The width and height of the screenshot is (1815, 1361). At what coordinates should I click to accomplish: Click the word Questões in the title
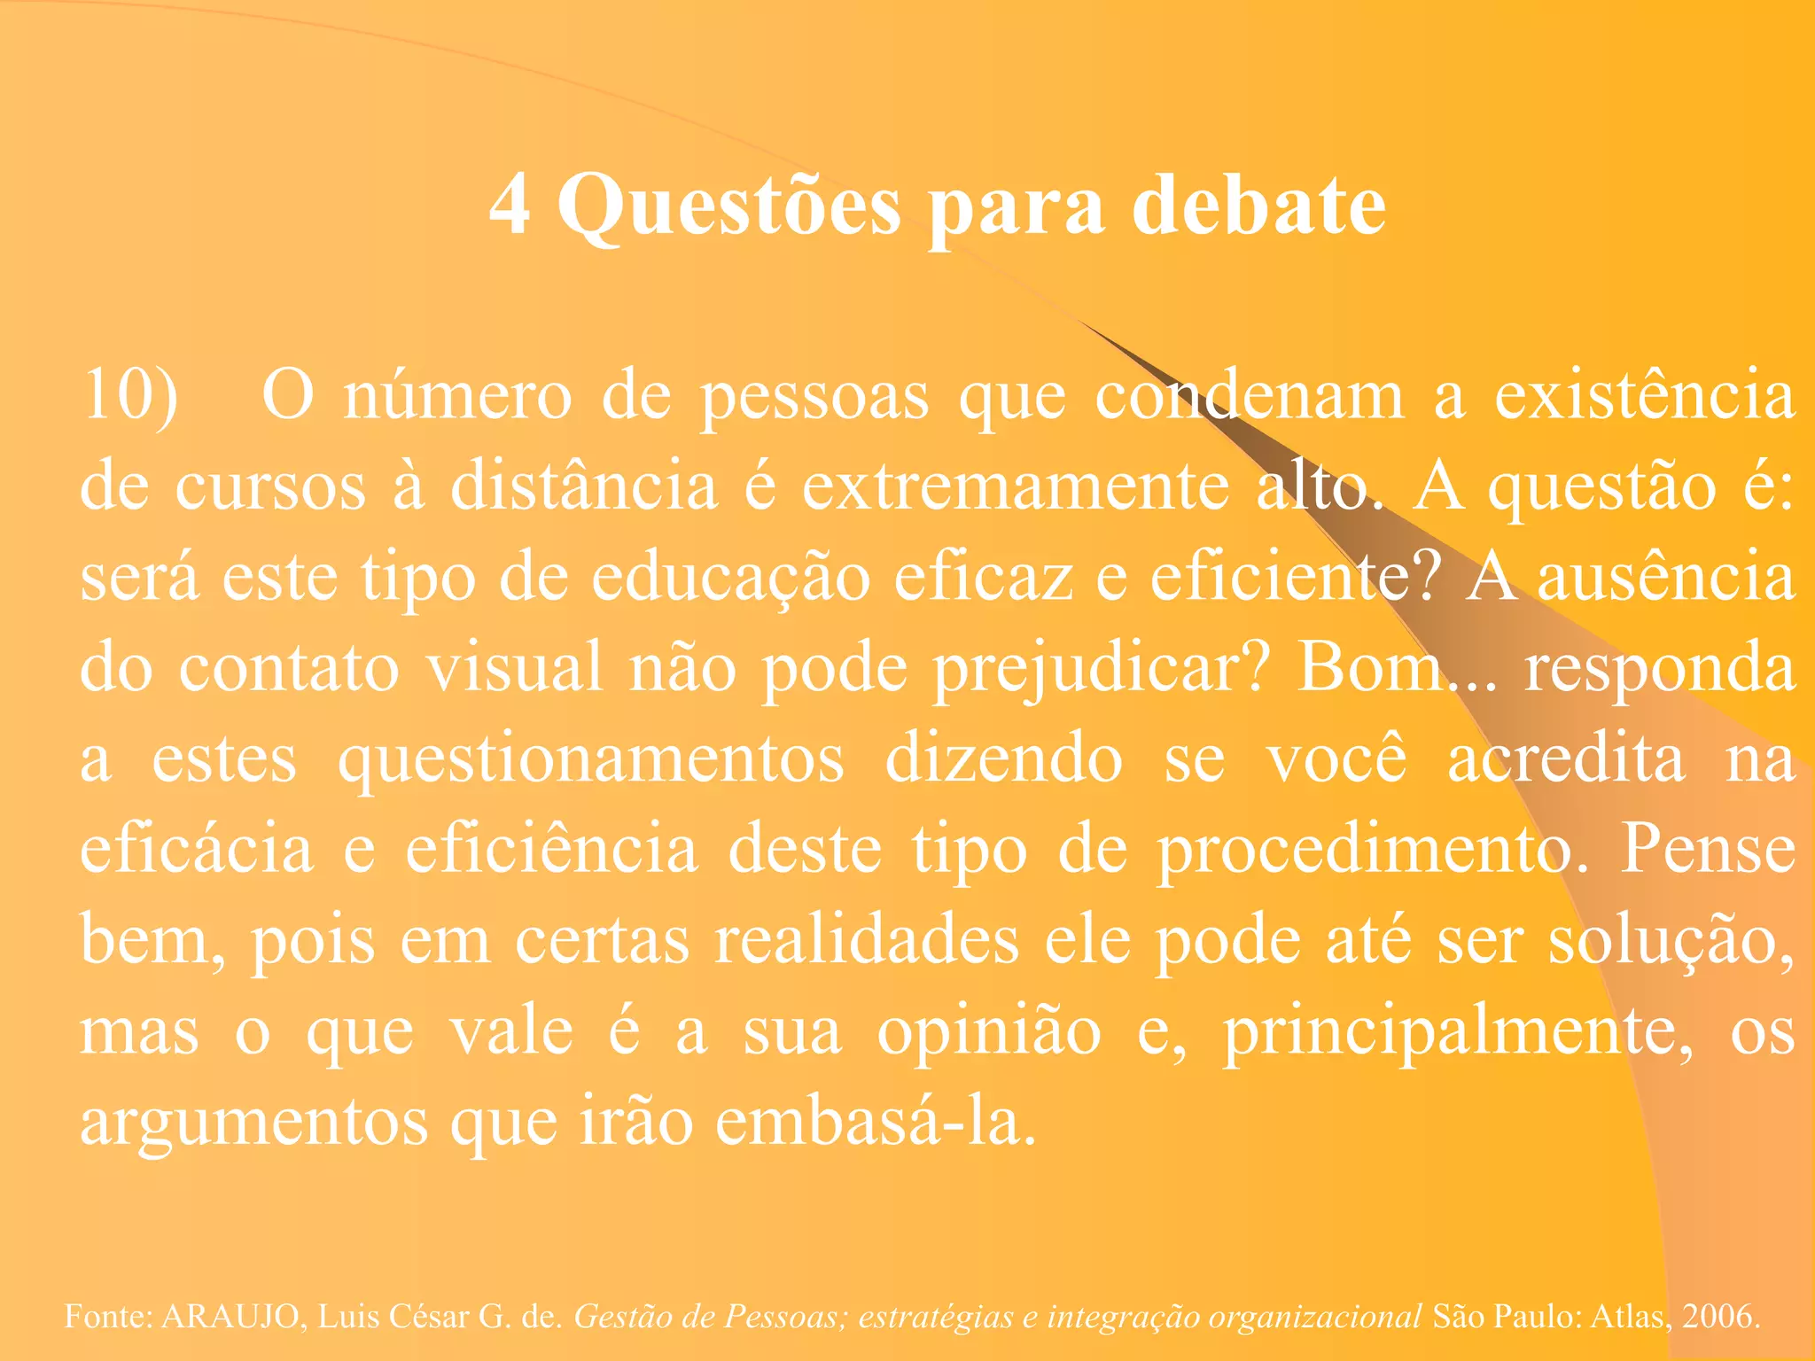coord(728,206)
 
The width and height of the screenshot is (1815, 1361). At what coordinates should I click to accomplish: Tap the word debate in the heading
coord(1258,206)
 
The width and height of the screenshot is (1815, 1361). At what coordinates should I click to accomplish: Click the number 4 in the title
coord(510,206)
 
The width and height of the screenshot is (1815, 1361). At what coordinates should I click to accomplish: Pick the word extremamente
coord(1015,486)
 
